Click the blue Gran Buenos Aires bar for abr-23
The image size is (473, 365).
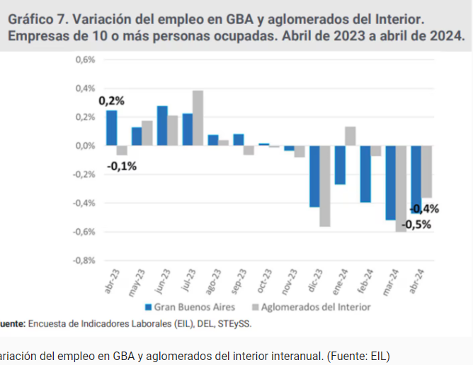point(112,128)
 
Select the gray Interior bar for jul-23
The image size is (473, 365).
point(198,118)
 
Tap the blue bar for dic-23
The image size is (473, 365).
point(314,176)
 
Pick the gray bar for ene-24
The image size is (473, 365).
point(351,136)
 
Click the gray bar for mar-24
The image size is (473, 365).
point(401,189)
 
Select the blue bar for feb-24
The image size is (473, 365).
point(365,174)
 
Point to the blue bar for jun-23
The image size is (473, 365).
point(162,126)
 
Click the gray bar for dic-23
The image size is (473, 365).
point(325,186)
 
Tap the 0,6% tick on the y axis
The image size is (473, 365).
point(86,60)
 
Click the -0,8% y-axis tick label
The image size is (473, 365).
point(84,260)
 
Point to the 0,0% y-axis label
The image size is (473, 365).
point(86,146)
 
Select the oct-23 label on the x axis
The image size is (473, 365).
point(264,281)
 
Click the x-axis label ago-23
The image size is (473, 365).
point(213,281)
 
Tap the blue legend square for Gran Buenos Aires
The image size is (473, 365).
point(148,308)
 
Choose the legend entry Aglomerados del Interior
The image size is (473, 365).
point(312,307)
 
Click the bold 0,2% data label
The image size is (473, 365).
point(111,101)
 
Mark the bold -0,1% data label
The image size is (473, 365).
point(122,166)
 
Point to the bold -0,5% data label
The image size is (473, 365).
point(416,225)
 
